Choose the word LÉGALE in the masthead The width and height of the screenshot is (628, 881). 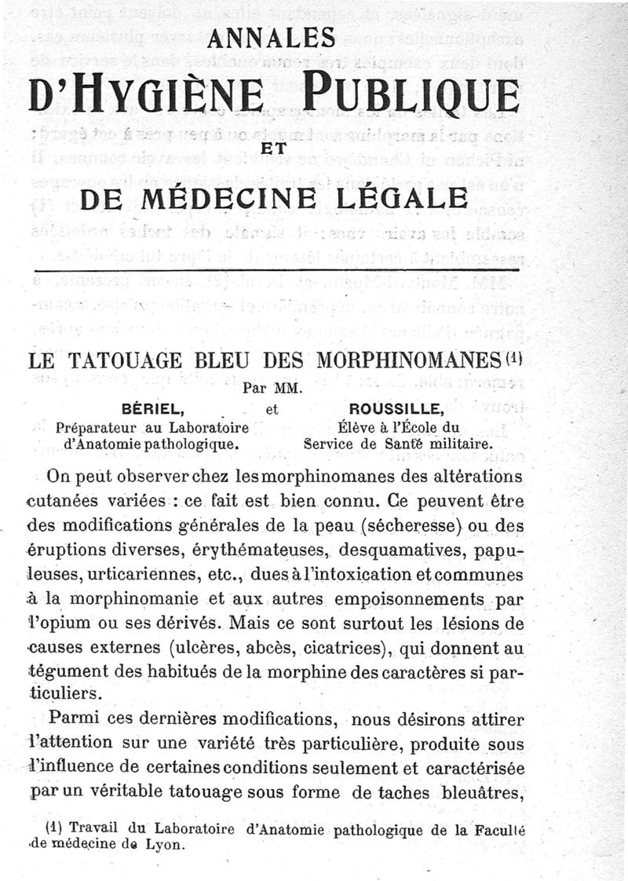tap(410, 198)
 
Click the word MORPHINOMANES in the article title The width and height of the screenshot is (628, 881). tap(409, 362)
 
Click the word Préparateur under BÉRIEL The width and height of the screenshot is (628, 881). tap(97, 428)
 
